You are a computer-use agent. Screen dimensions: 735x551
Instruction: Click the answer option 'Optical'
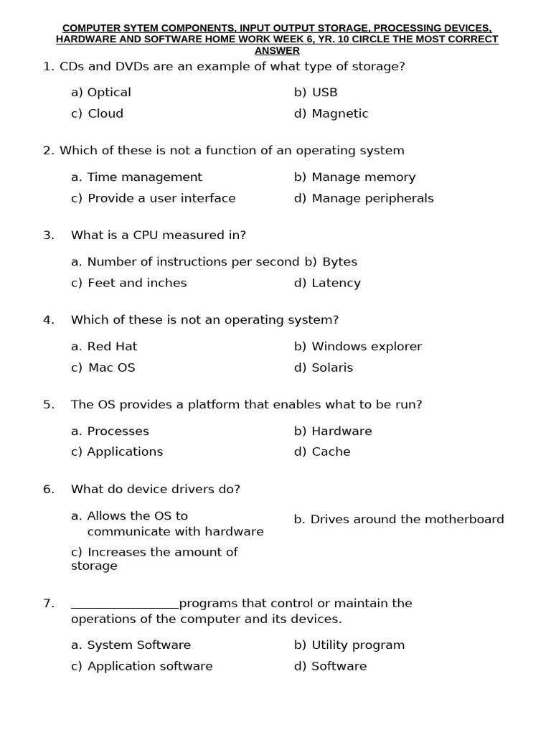(x=109, y=93)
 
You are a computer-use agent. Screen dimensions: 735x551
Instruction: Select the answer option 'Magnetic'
(x=339, y=113)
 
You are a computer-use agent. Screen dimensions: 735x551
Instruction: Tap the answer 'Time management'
(x=144, y=177)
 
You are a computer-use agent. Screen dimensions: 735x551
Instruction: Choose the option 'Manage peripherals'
(x=372, y=198)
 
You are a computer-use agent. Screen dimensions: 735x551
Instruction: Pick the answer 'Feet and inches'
(x=136, y=283)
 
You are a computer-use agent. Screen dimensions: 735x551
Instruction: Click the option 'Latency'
(x=336, y=283)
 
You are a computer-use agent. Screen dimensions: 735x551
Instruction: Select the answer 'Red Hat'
(x=112, y=347)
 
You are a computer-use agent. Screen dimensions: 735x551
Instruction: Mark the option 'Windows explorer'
(x=367, y=347)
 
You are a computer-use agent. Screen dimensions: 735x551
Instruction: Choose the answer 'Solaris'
(x=332, y=367)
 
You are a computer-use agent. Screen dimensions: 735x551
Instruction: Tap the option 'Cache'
(x=331, y=451)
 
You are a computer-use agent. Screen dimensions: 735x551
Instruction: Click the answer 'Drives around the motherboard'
(x=407, y=519)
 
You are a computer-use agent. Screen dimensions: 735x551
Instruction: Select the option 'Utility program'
(x=358, y=645)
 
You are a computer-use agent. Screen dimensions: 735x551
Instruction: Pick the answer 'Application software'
(x=150, y=666)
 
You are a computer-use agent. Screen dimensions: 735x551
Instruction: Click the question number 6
(x=48, y=490)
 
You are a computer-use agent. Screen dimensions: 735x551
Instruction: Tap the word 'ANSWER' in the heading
(x=277, y=51)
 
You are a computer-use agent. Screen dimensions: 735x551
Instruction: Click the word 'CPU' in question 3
(x=139, y=235)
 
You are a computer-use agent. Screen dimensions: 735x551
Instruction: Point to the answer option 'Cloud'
(x=105, y=113)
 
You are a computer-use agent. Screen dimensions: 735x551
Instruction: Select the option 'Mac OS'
(x=111, y=367)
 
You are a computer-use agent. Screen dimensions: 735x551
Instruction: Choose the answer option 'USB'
(x=324, y=93)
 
